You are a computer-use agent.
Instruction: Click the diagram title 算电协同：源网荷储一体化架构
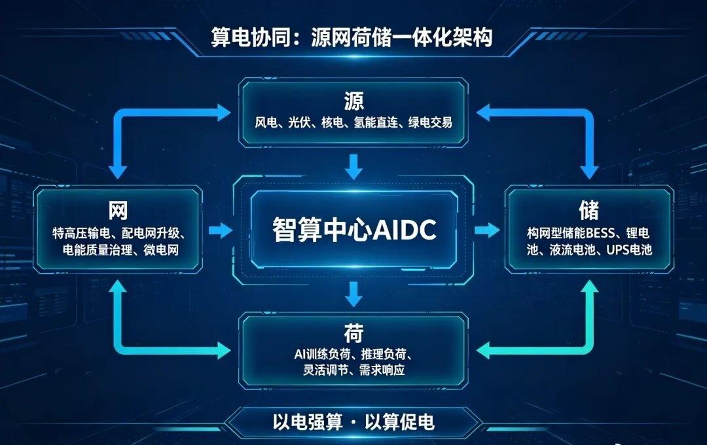coord(352,37)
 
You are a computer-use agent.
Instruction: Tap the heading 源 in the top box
coord(354,101)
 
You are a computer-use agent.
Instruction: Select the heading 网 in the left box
coord(118,210)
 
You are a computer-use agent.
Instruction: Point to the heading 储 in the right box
coord(589,209)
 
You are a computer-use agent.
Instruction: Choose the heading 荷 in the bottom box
coord(354,334)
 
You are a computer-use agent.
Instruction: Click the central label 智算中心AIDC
coord(354,229)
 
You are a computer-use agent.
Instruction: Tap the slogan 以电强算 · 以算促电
coord(353,422)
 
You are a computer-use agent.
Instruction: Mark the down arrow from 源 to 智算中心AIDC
coord(353,166)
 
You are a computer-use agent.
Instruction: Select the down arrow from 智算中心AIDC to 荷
coord(353,294)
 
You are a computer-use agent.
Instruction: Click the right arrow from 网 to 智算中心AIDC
coord(221,230)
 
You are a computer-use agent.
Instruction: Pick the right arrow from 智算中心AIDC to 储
coord(487,230)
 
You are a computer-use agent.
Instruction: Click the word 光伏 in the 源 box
coord(299,122)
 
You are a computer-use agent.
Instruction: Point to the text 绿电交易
coord(431,122)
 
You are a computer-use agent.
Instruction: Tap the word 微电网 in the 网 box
coord(162,250)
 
